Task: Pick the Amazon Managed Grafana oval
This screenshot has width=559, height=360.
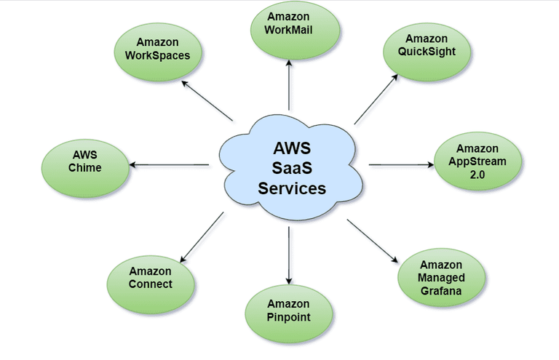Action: tap(440, 276)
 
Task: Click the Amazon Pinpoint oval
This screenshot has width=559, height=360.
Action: tap(288, 311)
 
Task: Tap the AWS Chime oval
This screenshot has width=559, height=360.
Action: tap(85, 161)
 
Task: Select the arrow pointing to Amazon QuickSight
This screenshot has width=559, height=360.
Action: tap(376, 99)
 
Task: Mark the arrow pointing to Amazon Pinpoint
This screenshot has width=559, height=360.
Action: tap(290, 255)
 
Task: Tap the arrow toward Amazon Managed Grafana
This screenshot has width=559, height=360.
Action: tap(373, 240)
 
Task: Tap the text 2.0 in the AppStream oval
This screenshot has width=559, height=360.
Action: tap(480, 175)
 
